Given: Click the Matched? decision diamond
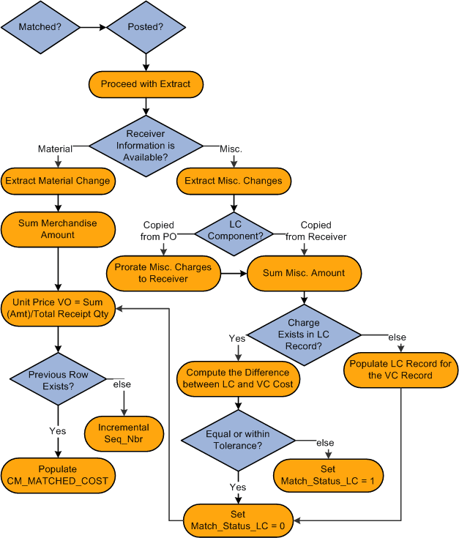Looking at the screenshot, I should [40, 27].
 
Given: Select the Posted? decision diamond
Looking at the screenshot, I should [146, 27].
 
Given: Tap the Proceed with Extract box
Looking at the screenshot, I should [146, 84].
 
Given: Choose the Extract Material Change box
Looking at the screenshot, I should [58, 181].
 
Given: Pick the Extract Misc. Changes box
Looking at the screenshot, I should [234, 181].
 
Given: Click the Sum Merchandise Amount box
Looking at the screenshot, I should [58, 229].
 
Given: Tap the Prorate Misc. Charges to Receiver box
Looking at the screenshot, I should [163, 272].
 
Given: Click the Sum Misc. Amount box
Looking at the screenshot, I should [304, 272].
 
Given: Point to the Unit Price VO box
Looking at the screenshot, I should [58, 308].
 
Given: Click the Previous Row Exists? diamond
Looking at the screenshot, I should [58, 381].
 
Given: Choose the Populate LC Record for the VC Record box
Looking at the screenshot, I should [401, 370].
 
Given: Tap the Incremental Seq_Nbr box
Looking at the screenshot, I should [123, 433].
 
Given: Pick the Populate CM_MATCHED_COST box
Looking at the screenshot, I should [58, 475].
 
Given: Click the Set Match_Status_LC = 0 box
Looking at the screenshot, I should [238, 520].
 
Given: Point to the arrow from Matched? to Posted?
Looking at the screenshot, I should [92, 27].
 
